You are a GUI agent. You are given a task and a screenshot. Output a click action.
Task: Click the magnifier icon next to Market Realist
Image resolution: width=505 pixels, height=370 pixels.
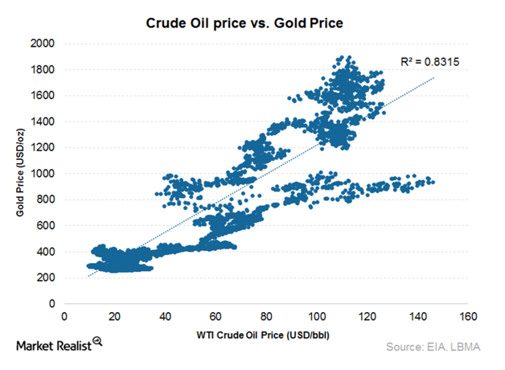pos(97,342)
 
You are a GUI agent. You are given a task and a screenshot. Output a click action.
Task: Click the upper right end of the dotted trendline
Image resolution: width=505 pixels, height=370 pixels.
pos(434,78)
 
